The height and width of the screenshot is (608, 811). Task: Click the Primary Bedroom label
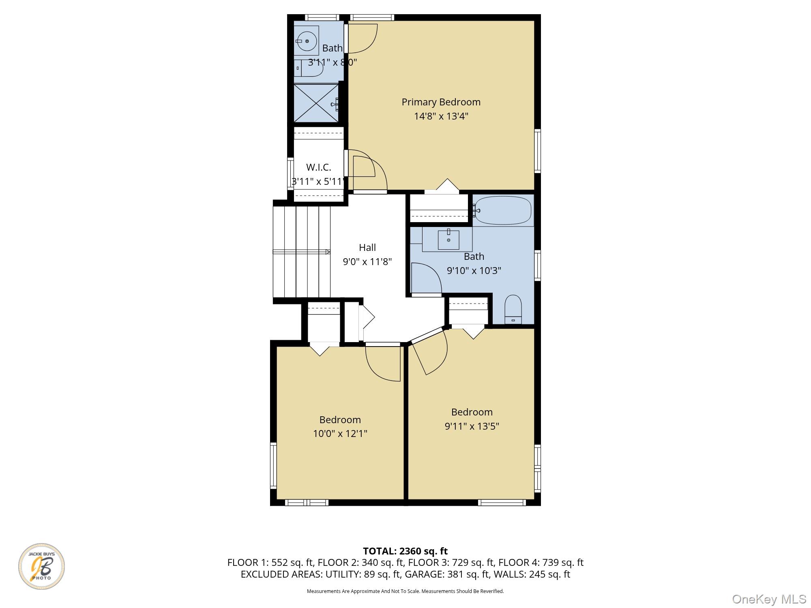pyautogui.click(x=441, y=102)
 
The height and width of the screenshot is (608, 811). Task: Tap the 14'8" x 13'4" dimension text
pyautogui.click(x=441, y=116)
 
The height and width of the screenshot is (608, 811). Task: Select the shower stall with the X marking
pyautogui.click(x=316, y=103)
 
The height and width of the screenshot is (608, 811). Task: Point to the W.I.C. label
pyautogui.click(x=318, y=167)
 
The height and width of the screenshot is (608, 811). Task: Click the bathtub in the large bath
pyautogui.click(x=503, y=210)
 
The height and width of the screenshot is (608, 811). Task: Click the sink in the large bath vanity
pyautogui.click(x=448, y=240)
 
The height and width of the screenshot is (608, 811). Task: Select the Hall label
pyautogui.click(x=367, y=247)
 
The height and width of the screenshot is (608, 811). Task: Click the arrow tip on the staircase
pyautogui.click(x=329, y=252)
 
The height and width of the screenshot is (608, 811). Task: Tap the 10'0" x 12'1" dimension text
pyautogui.click(x=340, y=434)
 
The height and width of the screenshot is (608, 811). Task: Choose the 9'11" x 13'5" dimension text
pyautogui.click(x=472, y=426)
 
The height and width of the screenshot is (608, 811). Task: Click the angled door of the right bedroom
pyautogui.click(x=430, y=353)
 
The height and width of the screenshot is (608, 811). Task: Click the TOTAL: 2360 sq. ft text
pyautogui.click(x=405, y=551)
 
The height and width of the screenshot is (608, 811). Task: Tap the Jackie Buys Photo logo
pyautogui.click(x=41, y=566)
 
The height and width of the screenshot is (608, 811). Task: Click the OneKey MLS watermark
pyautogui.click(x=769, y=599)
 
